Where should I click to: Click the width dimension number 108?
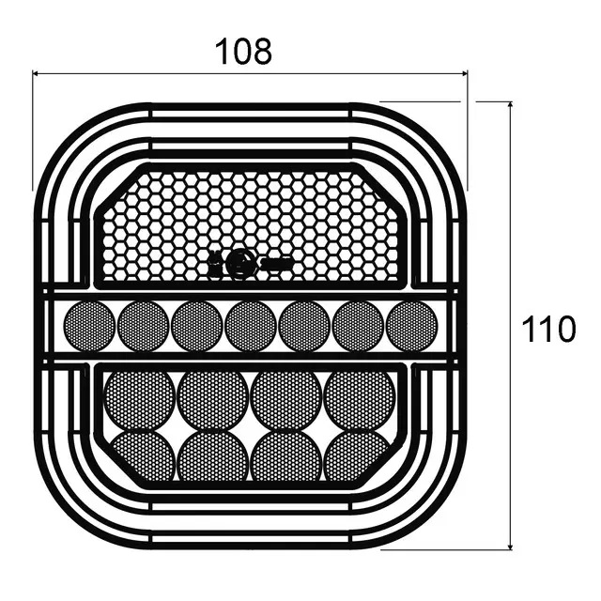tap(244, 51)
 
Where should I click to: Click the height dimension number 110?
tap(548, 329)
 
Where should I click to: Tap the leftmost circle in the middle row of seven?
tap(89, 326)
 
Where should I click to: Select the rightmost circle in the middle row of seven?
tap(411, 326)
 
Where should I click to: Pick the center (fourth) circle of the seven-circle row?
tap(251, 326)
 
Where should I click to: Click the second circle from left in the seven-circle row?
tap(143, 326)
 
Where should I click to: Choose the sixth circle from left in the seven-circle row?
tap(358, 326)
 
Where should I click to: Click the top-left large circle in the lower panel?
tap(139, 401)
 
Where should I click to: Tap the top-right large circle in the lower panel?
tap(359, 401)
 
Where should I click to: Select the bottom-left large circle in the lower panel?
tap(143, 456)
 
